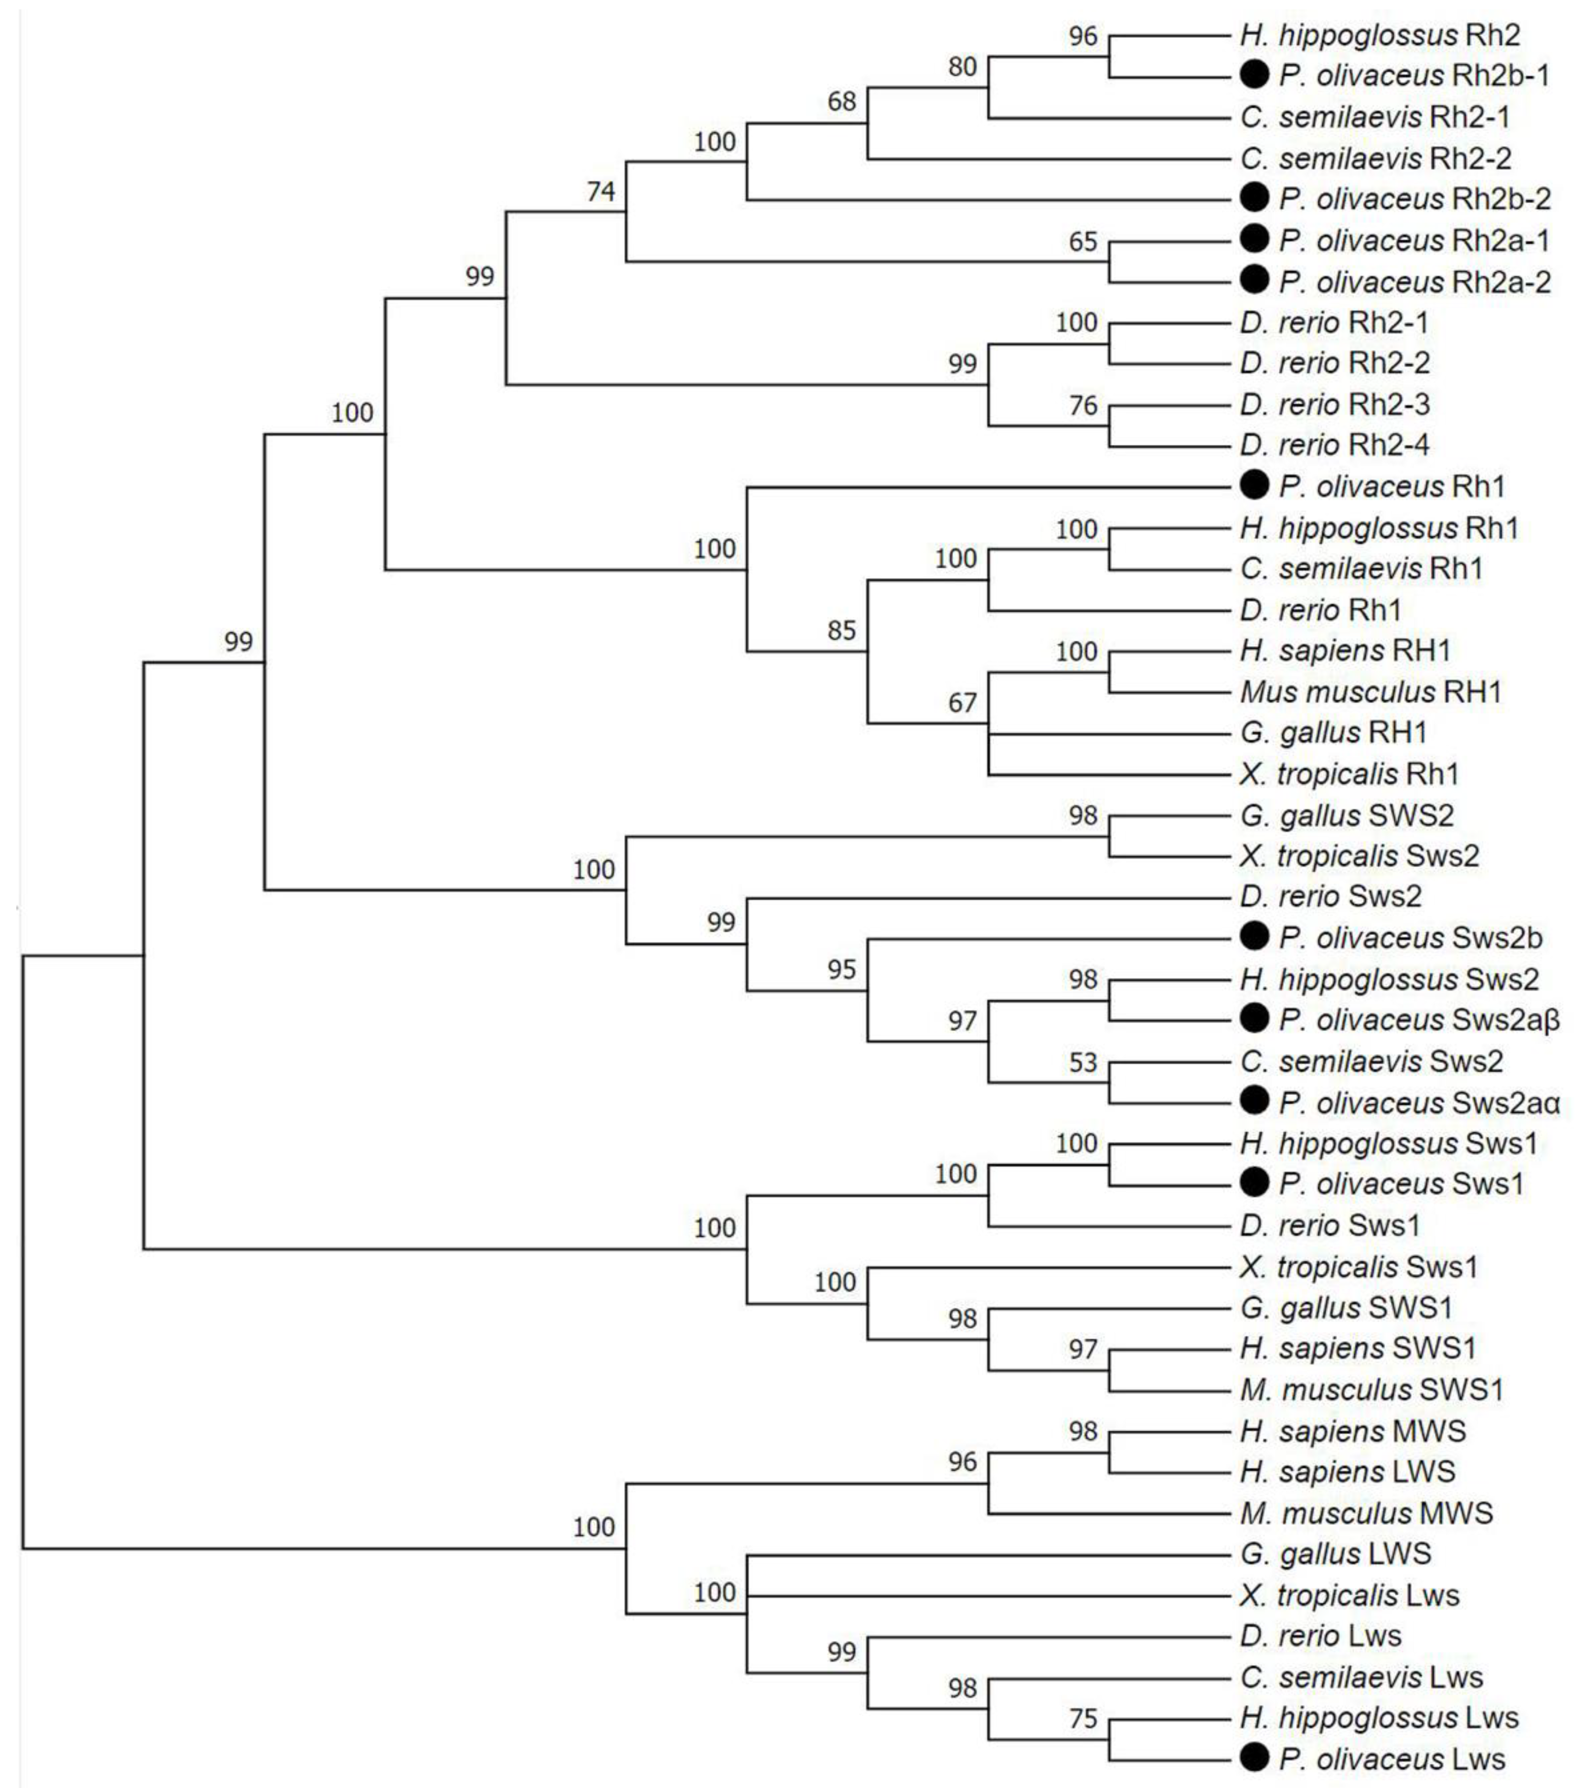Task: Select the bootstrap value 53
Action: coord(1083,1063)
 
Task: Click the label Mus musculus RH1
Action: coord(1370,692)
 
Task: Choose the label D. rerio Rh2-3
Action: coord(1334,404)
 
